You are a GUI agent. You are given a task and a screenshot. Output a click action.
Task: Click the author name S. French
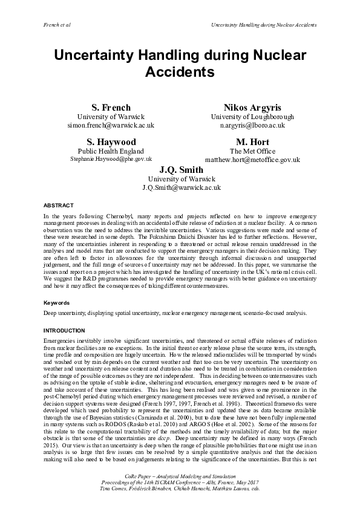point(111,108)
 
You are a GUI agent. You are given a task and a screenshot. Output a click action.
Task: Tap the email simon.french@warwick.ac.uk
point(111,125)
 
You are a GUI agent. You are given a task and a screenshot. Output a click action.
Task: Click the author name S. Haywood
point(111,142)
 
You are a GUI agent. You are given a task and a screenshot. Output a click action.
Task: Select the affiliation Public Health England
point(111,151)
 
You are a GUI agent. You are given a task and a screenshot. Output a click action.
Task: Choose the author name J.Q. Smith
point(182,170)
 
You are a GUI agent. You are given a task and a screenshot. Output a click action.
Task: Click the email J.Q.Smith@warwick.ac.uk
point(182,187)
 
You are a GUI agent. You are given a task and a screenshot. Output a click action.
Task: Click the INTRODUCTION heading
point(64,331)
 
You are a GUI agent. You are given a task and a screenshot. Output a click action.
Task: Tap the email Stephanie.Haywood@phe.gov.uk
point(111,160)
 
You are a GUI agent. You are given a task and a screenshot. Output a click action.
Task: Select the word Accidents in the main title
point(180,73)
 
